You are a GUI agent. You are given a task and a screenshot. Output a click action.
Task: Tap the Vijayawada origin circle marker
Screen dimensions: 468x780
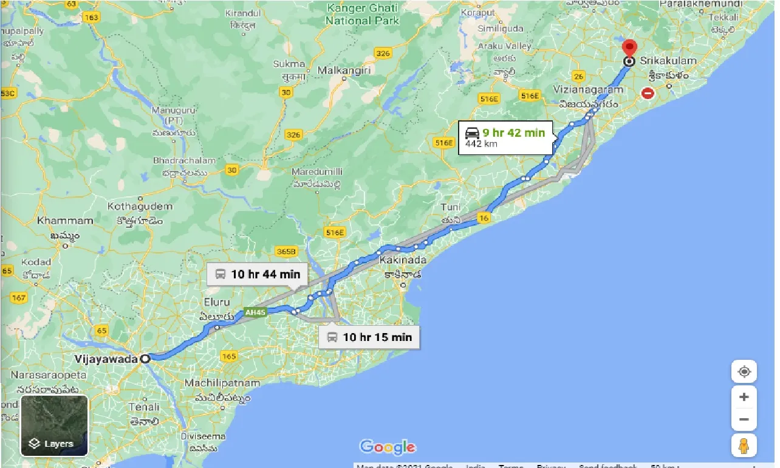[145, 359]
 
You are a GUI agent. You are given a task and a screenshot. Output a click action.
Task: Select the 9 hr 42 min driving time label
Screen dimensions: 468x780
[513, 132]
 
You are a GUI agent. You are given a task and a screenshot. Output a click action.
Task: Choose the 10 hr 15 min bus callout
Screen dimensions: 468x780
[369, 337]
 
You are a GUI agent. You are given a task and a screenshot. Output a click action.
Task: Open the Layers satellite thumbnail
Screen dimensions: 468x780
[55, 425]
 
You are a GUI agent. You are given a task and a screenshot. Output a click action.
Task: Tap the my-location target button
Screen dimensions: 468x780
[744, 371]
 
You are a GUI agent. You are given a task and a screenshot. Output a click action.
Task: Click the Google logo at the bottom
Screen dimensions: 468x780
[388, 447]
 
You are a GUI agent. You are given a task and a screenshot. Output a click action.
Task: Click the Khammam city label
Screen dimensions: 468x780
[65, 221]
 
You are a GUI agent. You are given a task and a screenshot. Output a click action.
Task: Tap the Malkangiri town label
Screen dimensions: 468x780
[344, 71]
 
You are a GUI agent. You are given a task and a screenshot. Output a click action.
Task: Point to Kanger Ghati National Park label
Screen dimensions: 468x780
[362, 14]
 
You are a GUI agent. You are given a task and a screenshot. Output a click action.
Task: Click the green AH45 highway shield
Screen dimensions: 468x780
[255, 313]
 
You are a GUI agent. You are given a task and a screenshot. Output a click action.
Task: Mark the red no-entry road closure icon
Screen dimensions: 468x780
[648, 93]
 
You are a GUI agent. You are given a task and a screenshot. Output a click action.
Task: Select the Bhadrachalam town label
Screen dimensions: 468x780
[184, 160]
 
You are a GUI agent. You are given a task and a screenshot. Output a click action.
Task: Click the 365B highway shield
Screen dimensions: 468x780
[286, 251]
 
